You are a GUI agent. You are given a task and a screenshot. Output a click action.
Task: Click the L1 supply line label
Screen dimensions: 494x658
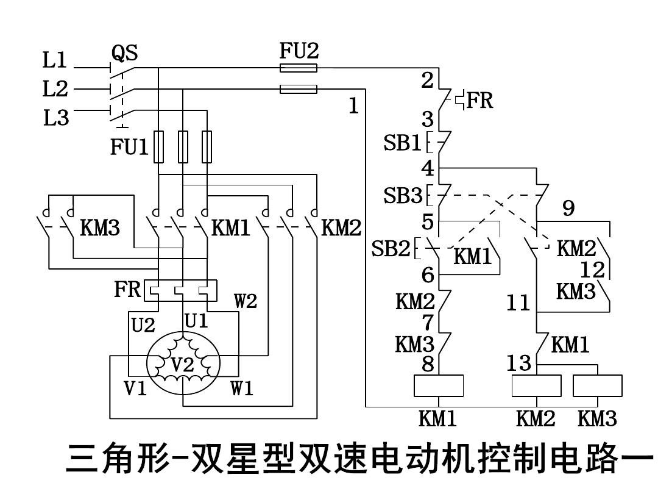55,60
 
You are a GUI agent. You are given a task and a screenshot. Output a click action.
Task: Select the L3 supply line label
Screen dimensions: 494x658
56,118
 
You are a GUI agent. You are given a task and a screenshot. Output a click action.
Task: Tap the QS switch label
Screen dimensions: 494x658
124,54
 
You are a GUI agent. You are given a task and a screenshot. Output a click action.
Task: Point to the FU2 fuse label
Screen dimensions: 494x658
299,50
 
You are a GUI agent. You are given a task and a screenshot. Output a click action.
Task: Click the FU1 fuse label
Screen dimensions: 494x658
129,148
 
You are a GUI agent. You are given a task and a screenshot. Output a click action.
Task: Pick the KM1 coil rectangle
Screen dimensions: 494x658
439,386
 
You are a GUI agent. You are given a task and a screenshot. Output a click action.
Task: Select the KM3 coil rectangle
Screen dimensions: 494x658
598,386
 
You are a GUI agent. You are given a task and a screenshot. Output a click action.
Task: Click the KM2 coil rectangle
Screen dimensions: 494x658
536,386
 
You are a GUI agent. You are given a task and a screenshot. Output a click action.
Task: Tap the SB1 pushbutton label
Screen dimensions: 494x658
402,143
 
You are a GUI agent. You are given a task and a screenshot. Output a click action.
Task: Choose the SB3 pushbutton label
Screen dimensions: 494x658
402,196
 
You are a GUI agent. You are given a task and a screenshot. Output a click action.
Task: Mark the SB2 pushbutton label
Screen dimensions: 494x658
391,249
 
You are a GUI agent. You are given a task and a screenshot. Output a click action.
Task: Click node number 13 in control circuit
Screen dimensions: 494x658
519,363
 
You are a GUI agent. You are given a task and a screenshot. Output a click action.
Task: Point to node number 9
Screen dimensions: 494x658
568,209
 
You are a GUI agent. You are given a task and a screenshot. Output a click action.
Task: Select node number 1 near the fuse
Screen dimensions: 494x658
353,106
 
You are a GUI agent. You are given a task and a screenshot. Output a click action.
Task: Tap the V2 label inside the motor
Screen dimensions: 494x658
182,365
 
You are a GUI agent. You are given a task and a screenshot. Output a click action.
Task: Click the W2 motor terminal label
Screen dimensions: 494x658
247,301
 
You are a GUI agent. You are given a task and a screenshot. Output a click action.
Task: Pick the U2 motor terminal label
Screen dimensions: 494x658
144,325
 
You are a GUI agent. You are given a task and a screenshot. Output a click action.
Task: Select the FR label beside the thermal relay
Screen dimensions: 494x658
127,290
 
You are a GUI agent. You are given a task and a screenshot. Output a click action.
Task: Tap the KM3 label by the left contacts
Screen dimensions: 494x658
101,229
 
